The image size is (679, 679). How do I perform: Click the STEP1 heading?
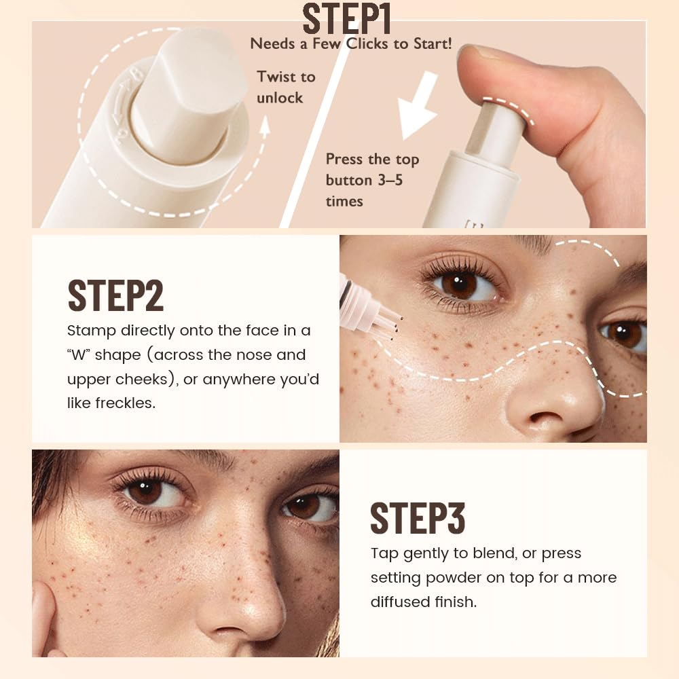(x=346, y=19)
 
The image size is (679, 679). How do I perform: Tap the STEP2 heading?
(x=115, y=294)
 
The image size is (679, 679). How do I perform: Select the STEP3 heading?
(x=418, y=518)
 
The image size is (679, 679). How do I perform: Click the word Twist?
(x=276, y=77)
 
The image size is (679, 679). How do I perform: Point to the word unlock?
(x=280, y=98)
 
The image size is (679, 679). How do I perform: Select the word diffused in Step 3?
(x=401, y=602)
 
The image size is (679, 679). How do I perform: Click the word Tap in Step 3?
(x=384, y=553)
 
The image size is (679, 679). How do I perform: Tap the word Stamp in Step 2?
(x=92, y=331)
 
